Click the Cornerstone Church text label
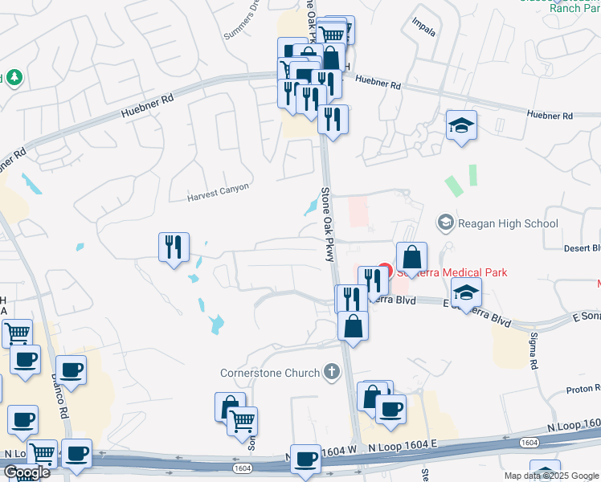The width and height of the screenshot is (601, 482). pos(270,373)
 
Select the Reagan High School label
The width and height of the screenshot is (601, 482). pos(506,223)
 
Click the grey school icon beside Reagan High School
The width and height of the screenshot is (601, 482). pos(444,222)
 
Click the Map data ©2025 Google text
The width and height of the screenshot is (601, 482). pos(551,476)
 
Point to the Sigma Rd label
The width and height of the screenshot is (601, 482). pos(533,353)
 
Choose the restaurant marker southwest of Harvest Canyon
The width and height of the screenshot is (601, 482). pos(174,248)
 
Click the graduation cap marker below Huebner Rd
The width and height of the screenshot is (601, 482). pos(462,126)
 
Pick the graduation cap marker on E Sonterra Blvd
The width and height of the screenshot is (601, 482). pos(466,293)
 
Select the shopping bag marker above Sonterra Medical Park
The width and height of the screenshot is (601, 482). pos(411,258)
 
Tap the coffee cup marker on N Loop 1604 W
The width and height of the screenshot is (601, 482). pos(305,460)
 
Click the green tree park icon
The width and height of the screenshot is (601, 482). pos(14,78)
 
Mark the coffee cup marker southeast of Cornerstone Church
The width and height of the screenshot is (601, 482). pos(390,410)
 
